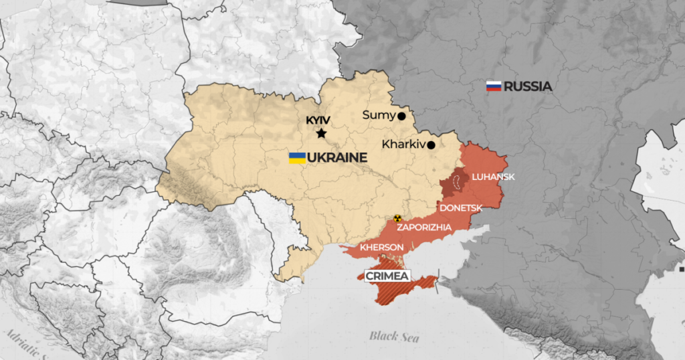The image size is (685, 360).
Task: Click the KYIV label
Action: (318, 120)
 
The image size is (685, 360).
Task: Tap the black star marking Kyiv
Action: (321, 134)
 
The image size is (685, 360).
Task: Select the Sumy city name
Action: (378, 115)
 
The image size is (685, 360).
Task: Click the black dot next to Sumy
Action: (401, 116)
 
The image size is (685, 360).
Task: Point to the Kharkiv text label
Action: (403, 144)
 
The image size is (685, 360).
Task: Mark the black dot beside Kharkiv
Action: (431, 145)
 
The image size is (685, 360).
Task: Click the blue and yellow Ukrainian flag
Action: (297, 158)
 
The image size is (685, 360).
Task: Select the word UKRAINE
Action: (338, 158)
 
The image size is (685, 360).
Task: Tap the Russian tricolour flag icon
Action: (494, 86)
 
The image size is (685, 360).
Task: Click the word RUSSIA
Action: (528, 86)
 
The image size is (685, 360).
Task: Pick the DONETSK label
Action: (461, 208)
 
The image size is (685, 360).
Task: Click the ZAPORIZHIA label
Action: (424, 228)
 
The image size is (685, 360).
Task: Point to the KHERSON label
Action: (381, 248)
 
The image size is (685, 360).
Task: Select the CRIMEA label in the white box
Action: (386, 275)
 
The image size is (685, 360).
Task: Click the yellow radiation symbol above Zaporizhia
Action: (397, 218)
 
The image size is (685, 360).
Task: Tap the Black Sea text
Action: (394, 336)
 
